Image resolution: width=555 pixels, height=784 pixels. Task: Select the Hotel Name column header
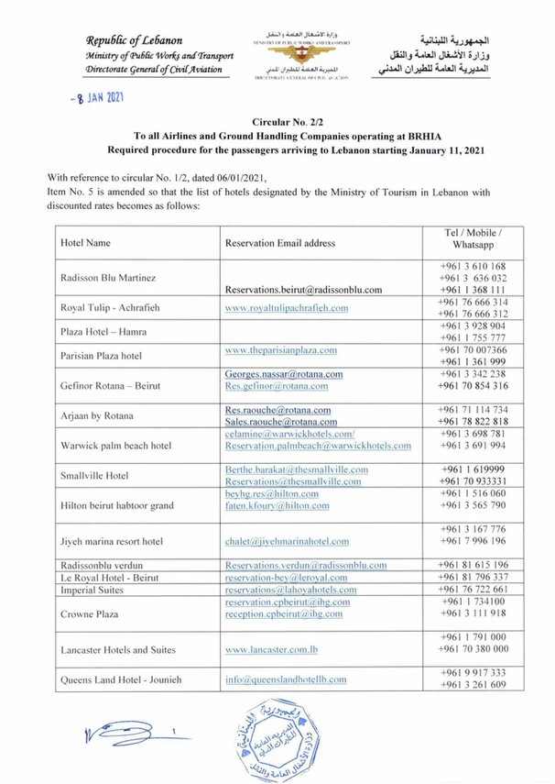pos(85,243)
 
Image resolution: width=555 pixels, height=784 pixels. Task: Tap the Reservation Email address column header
pos(279,243)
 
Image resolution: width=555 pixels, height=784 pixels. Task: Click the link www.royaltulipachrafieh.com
pos(287,308)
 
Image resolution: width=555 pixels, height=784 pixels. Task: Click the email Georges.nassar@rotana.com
pos(284,374)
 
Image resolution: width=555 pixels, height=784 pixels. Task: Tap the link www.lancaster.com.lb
pos(272,648)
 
